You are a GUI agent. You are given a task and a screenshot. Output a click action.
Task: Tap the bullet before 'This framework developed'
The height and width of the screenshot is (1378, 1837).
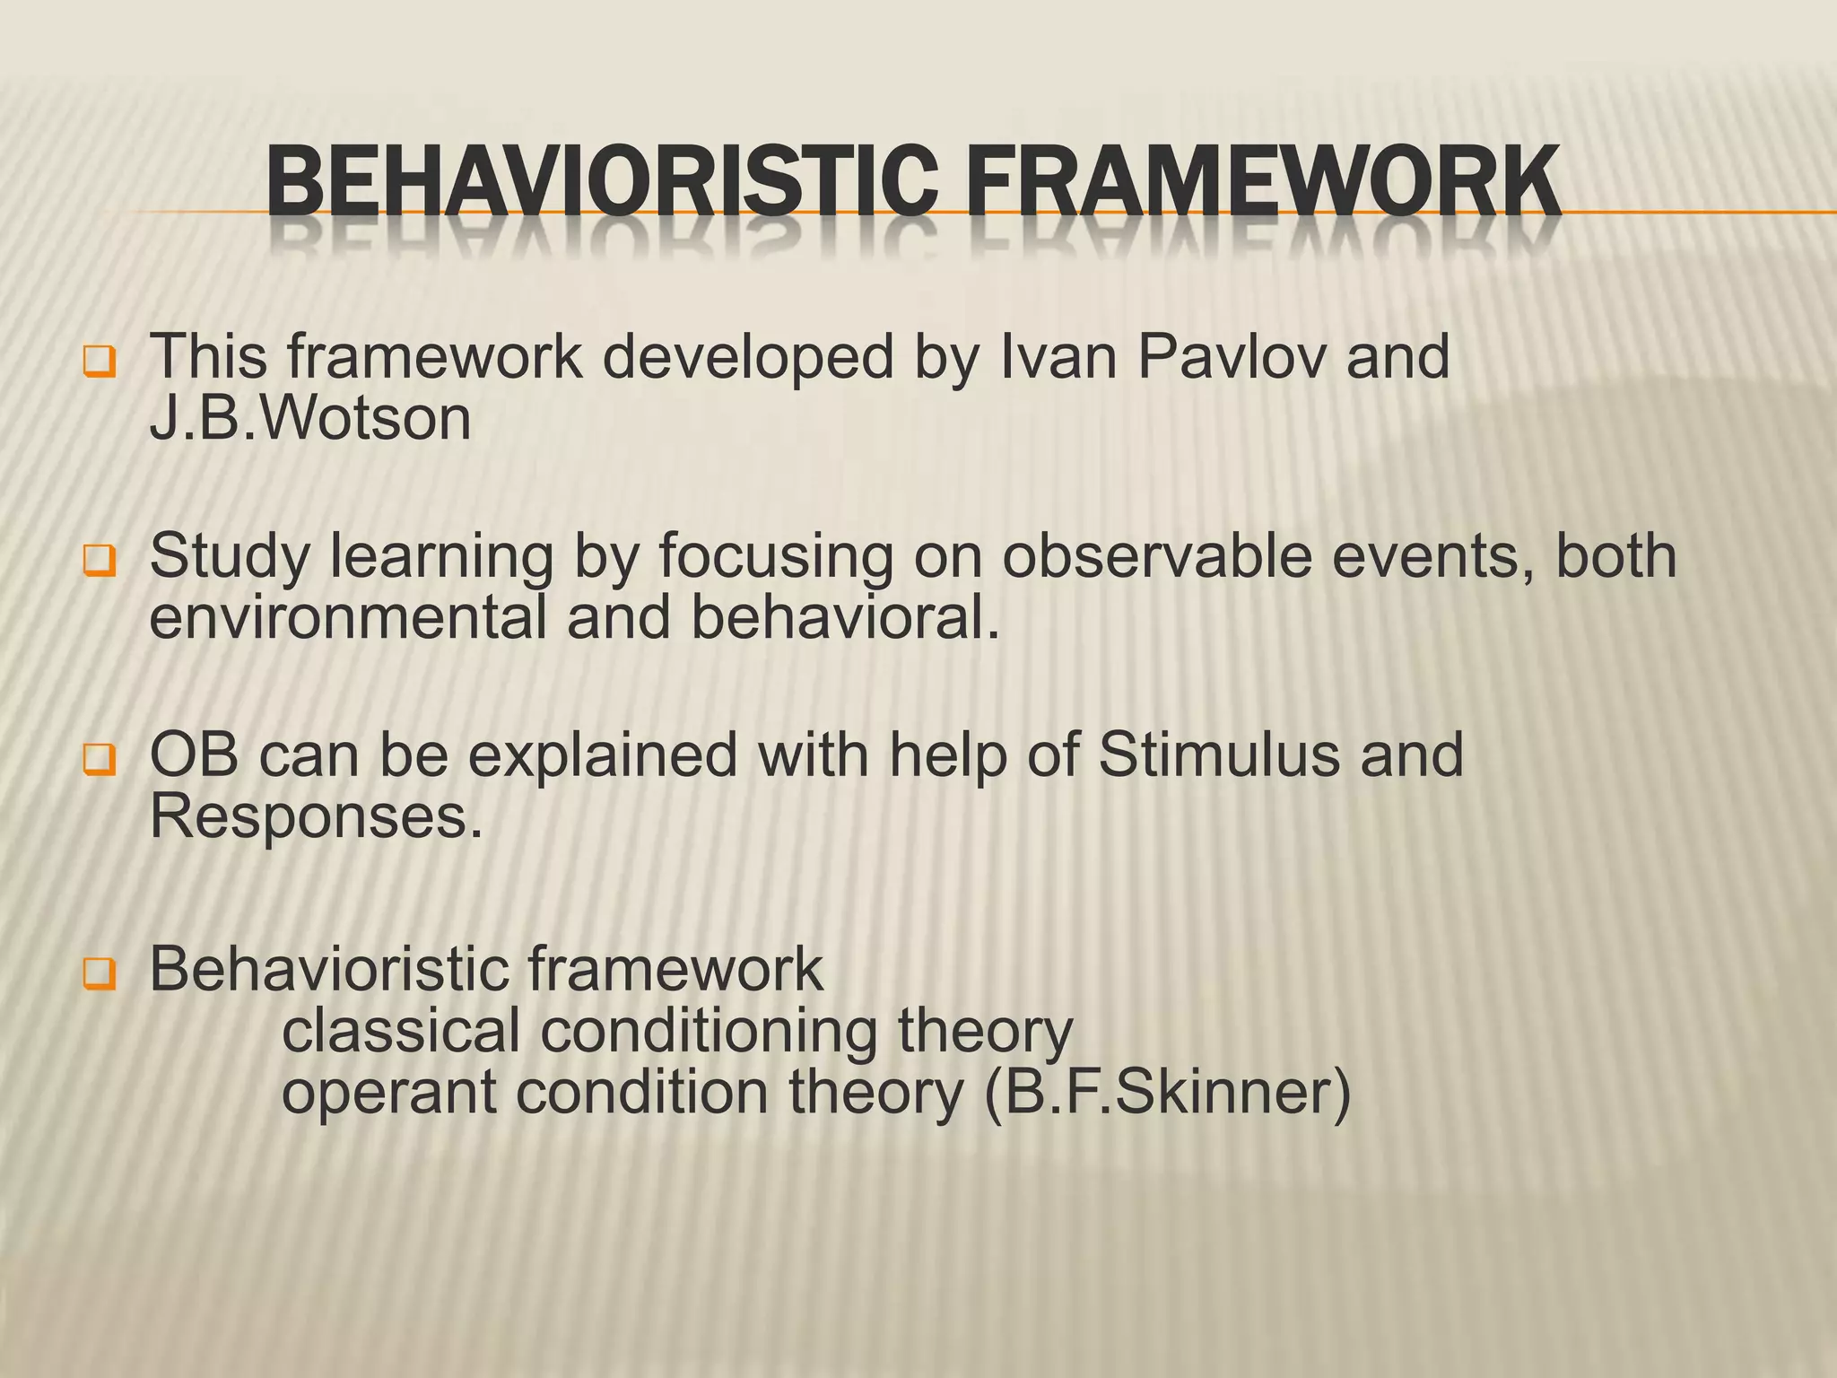(x=99, y=362)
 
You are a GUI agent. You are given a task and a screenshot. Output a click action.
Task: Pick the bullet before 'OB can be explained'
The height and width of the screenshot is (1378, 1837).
(x=99, y=760)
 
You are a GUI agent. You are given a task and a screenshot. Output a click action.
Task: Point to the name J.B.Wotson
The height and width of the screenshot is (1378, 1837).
(x=309, y=419)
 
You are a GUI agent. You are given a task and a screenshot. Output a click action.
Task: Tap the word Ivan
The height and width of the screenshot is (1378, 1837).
(x=1058, y=357)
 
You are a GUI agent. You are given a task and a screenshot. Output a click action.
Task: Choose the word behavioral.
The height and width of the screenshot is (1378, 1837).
(x=844, y=618)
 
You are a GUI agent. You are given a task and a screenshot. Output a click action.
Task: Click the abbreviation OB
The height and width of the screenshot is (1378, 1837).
(x=194, y=755)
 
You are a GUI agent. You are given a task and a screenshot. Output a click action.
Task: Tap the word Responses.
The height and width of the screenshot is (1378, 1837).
(x=315, y=817)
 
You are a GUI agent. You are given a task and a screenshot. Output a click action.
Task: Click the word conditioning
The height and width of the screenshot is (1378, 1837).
(x=709, y=1033)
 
